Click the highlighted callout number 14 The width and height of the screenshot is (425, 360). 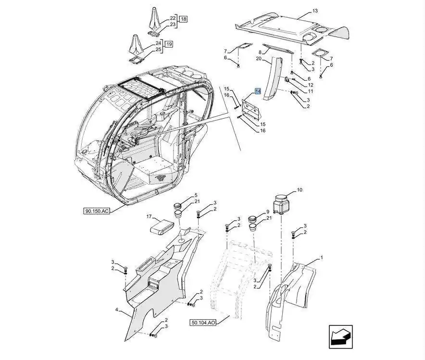(258, 91)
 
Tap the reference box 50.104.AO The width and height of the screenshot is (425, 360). (203, 323)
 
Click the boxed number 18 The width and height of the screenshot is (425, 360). (184, 19)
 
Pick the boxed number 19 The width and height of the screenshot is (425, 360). (169, 44)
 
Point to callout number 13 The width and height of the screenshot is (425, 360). (315, 11)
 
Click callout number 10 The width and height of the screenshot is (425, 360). (300, 190)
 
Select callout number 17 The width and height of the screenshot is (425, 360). (150, 217)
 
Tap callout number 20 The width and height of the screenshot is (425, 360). (258, 59)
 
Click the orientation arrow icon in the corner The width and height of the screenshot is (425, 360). (340, 336)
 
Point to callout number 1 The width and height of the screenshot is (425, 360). (322, 258)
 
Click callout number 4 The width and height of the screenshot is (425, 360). (116, 310)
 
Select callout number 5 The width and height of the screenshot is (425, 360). (196, 195)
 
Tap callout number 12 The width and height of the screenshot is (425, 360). (311, 85)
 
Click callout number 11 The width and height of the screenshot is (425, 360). (311, 91)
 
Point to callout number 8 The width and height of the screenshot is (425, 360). (261, 52)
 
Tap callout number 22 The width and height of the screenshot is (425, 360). (173, 18)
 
